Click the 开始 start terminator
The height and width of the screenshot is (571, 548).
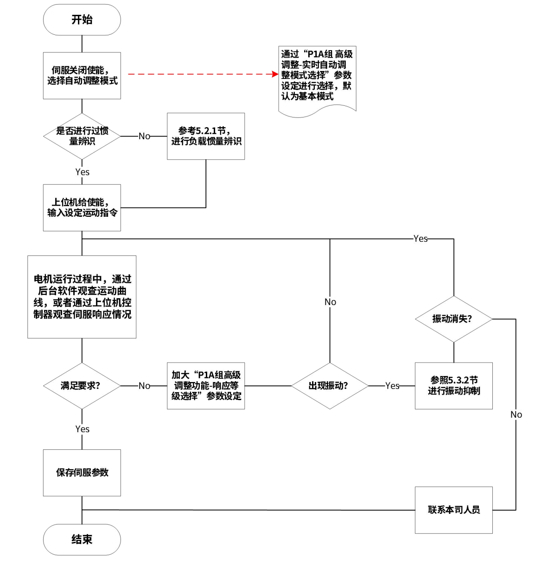click(82, 20)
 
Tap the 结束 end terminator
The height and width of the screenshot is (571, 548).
click(82, 539)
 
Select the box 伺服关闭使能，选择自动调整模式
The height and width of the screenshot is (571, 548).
click(82, 76)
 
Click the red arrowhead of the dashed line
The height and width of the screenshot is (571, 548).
click(275, 74)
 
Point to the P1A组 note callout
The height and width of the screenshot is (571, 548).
click(317, 77)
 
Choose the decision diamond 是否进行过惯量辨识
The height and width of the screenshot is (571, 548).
click(82, 136)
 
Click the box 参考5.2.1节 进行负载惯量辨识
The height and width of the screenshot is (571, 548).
click(206, 136)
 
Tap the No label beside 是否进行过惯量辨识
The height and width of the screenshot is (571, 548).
click(144, 136)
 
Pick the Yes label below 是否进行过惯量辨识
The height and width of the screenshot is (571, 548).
click(82, 172)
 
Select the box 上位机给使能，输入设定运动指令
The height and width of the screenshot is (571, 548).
click(82, 208)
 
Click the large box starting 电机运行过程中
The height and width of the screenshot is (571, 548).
click(82, 297)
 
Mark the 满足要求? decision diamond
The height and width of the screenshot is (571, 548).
click(82, 386)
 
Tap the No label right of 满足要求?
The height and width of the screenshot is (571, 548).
click(144, 386)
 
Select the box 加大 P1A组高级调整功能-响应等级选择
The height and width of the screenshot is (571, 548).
click(206, 386)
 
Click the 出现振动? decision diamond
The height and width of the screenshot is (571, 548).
click(330, 386)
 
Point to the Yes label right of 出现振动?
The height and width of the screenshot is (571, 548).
click(392, 386)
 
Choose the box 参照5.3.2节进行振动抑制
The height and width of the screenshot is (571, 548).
click(453, 386)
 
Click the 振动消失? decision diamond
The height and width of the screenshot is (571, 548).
click(453, 319)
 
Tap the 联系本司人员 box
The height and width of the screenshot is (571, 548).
click(453, 510)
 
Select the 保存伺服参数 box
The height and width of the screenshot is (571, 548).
click(82, 473)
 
